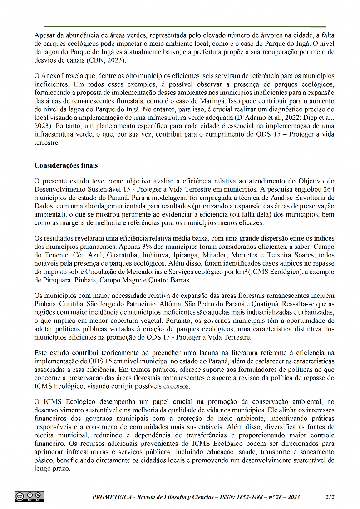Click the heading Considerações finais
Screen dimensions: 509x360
(66, 165)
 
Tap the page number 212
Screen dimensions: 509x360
(330, 497)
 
